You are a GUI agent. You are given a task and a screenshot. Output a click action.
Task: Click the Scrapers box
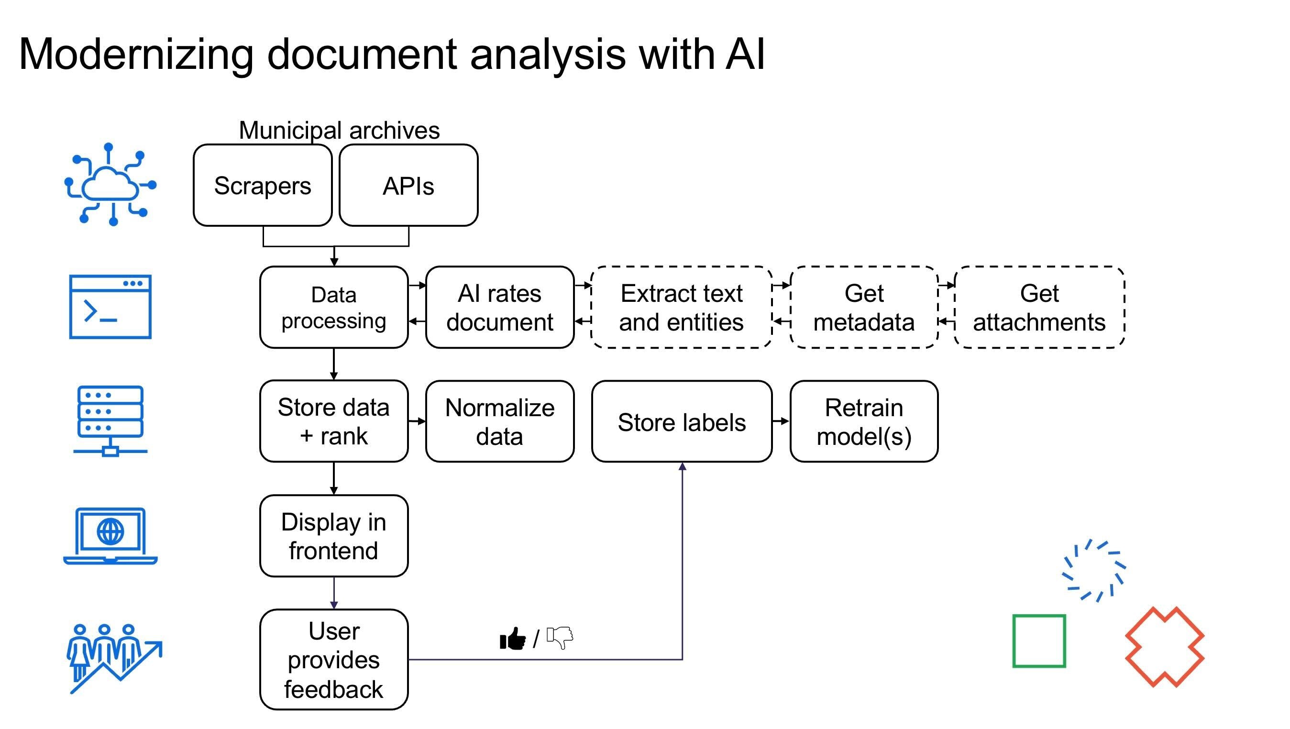(263, 186)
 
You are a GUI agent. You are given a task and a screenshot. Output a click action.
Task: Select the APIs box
(408, 186)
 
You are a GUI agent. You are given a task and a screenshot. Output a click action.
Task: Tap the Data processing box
(333, 308)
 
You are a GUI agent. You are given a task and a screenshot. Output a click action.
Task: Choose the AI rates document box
(499, 308)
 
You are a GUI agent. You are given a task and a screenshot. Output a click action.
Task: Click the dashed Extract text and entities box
(681, 308)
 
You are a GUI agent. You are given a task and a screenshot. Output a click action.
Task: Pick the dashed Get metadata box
(863, 308)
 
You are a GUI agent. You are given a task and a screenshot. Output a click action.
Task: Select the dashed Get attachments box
(1039, 308)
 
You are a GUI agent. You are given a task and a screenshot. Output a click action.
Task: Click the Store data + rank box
(333, 421)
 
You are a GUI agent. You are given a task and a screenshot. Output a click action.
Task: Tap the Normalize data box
(499, 421)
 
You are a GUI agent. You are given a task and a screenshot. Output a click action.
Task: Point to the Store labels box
(681, 421)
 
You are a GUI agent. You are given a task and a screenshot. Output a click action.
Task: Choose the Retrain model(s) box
(863, 421)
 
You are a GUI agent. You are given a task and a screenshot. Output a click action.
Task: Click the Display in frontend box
(333, 536)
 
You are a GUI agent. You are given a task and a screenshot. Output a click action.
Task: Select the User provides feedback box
(333, 660)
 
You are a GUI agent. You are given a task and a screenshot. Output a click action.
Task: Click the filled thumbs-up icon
(513, 639)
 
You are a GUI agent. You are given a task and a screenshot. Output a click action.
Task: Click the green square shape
(1038, 641)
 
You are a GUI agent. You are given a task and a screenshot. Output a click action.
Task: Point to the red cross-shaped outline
(1164, 647)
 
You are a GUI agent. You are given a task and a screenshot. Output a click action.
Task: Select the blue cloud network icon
(110, 185)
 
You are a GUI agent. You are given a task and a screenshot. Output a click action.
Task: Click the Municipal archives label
(339, 130)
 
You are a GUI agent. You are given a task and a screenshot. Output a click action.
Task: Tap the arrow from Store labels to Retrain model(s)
(781, 421)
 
